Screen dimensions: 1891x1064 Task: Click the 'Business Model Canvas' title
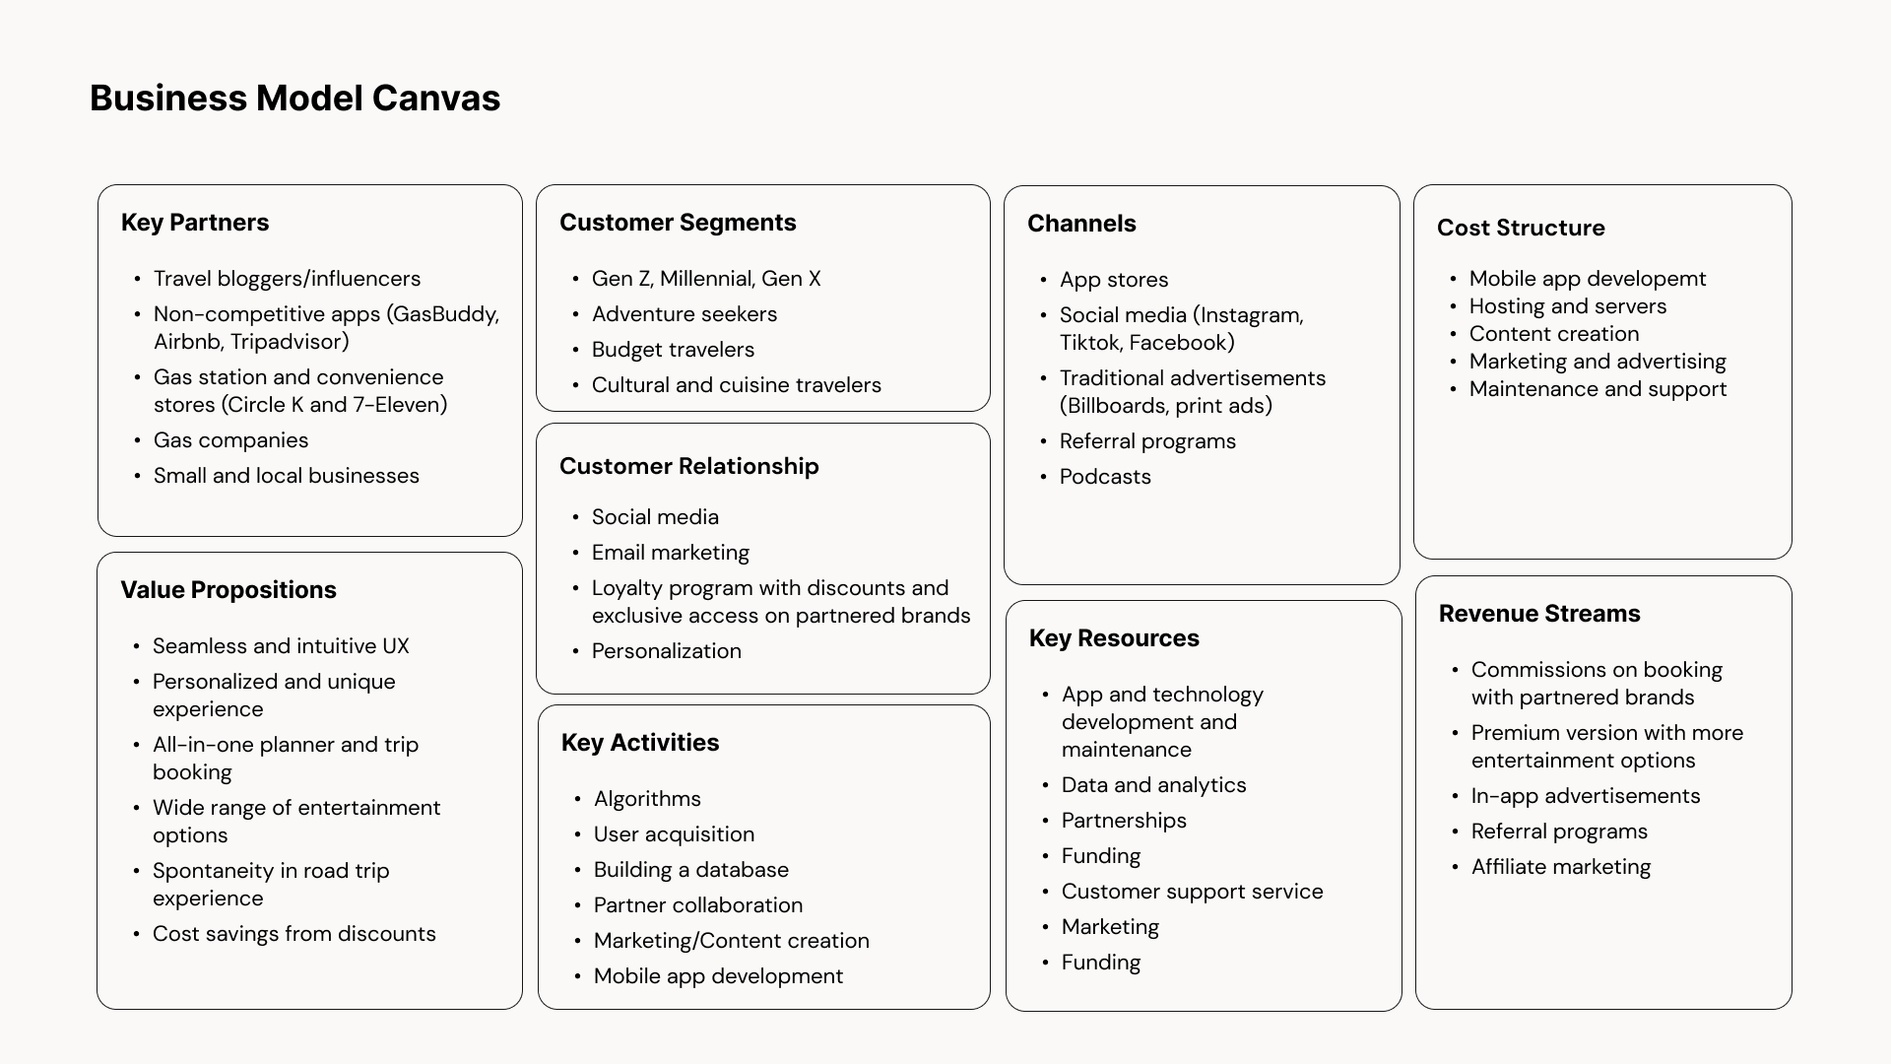click(x=294, y=99)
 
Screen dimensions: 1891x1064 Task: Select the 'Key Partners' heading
click(x=195, y=223)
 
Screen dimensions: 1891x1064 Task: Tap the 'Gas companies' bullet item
click(x=230, y=440)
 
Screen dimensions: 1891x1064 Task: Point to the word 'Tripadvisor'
click(x=290, y=342)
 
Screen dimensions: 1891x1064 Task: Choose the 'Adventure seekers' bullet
click(x=684, y=314)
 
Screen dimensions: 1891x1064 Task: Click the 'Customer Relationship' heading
click(x=688, y=466)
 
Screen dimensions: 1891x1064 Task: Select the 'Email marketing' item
click(x=670, y=553)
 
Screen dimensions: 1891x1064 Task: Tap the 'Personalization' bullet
click(x=666, y=651)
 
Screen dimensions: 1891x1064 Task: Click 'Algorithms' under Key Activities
click(x=647, y=799)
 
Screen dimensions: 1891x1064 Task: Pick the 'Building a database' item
click(x=690, y=870)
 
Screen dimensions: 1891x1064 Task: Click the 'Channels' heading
click(x=1081, y=224)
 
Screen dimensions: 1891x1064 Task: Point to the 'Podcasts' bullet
click(x=1105, y=477)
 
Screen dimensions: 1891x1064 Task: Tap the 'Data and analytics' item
click(x=1153, y=785)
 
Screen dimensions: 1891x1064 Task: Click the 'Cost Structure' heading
click(x=1520, y=228)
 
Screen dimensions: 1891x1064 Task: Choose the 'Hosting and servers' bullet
click(x=1567, y=306)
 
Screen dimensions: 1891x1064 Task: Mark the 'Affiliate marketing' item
click(x=1560, y=867)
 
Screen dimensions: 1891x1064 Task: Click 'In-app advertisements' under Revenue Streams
click(x=1585, y=796)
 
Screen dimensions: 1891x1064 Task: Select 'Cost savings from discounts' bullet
click(x=293, y=934)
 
